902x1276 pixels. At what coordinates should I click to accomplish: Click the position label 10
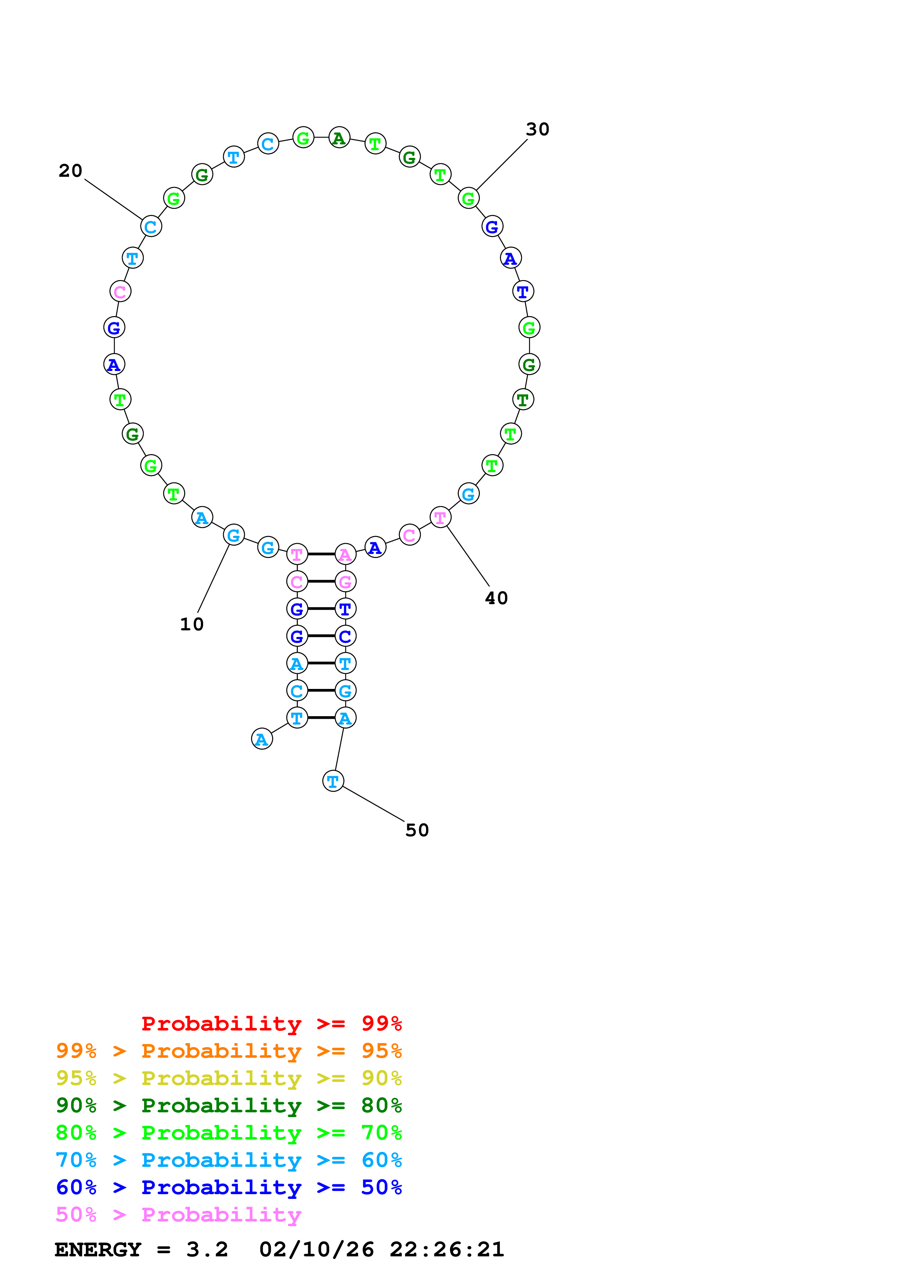[x=192, y=624]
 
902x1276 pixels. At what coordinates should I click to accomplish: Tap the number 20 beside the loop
[x=71, y=171]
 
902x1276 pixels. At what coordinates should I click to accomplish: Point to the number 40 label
[x=496, y=598]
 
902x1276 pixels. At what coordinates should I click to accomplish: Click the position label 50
[x=417, y=830]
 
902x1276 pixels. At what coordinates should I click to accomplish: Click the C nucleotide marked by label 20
[x=151, y=227]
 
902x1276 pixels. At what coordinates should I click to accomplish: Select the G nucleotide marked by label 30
[x=469, y=198]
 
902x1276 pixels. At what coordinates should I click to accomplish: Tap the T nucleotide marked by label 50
[x=333, y=781]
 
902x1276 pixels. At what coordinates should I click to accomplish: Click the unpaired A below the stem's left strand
[x=262, y=739]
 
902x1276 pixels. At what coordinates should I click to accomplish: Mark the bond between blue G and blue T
[x=321, y=609]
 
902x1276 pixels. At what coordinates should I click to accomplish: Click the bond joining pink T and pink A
[x=321, y=554]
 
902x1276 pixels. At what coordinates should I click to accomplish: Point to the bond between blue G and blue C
[x=321, y=636]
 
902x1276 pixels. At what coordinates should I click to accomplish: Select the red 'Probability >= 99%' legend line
[x=271, y=1024]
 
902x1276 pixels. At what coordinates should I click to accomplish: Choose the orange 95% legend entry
[x=229, y=1051]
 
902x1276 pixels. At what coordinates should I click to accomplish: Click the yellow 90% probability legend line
[x=229, y=1078]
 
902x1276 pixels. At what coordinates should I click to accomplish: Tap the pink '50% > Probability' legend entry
[x=178, y=1214]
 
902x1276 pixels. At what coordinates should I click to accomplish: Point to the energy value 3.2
[x=207, y=1250]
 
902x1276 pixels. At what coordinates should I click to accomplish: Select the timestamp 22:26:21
[x=446, y=1250]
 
